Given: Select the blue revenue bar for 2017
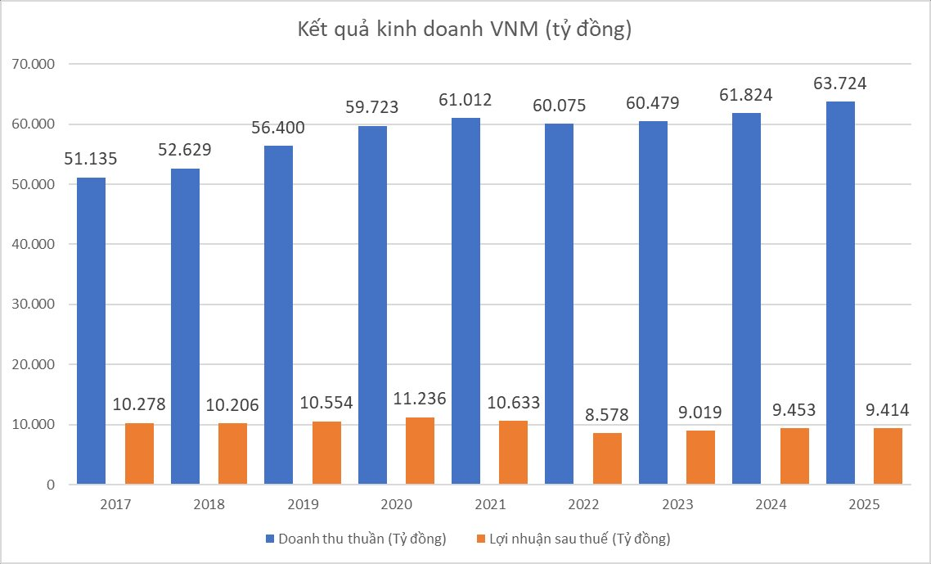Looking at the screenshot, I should pos(91,331).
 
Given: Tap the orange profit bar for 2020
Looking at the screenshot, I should pos(420,451).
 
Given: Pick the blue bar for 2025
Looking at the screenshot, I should pos(840,293).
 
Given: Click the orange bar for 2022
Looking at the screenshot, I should pos(607,458).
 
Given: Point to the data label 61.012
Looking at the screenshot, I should pos(465,100).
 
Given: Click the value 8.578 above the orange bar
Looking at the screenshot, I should pos(607,415).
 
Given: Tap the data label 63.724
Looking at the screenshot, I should pos(840,83).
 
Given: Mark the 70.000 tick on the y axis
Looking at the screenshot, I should pos(33,64).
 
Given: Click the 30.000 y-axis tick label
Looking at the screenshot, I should pos(33,305).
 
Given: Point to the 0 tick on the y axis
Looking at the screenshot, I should pos(50,485).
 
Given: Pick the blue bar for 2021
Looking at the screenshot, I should pos(466,301).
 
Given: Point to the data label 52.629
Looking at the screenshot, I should pos(185,151).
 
